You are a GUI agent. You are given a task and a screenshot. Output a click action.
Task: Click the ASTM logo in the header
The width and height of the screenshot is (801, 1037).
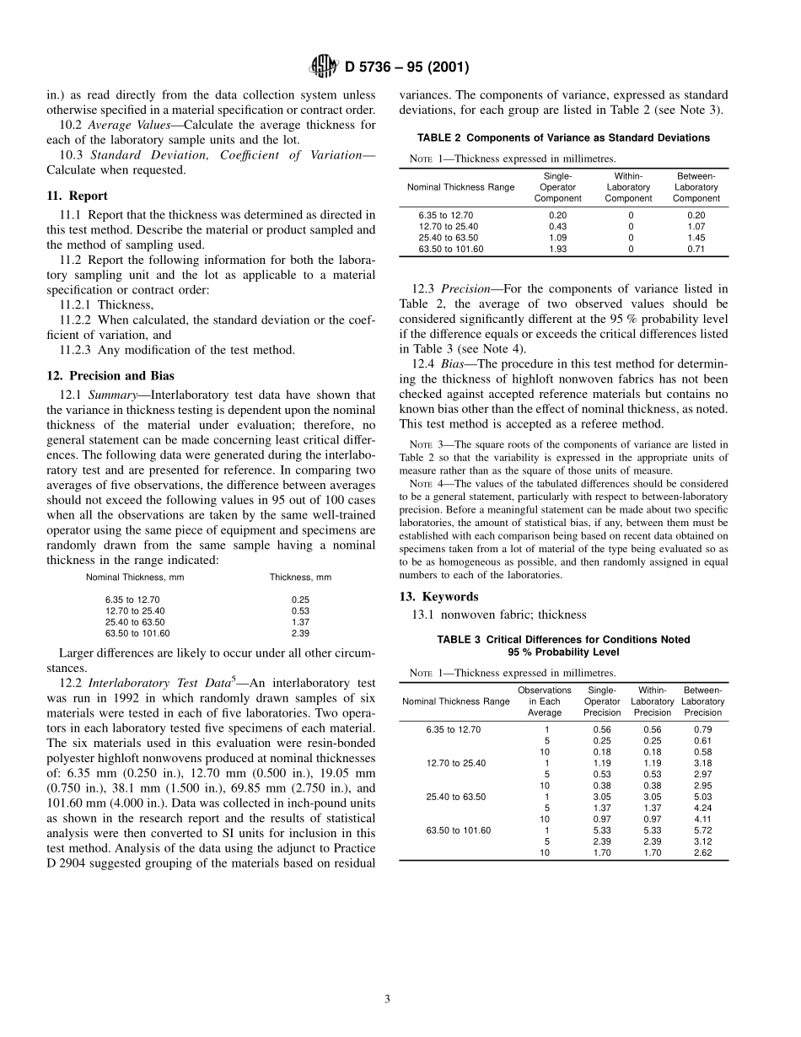pos(324,67)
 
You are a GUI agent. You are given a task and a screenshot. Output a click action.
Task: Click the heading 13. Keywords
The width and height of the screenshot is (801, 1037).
pos(438,597)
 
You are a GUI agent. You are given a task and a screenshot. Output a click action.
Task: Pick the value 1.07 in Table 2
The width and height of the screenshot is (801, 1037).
pos(696,227)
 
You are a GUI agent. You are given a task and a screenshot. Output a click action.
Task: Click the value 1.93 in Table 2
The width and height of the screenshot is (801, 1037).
pos(557,249)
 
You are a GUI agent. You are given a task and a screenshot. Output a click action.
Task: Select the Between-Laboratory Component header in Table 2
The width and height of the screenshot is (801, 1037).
pos(696,187)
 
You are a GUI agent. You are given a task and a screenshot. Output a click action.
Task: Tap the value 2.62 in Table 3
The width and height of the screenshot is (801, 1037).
pos(702,852)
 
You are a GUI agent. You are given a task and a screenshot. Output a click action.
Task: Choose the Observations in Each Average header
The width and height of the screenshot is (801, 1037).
pos(544,701)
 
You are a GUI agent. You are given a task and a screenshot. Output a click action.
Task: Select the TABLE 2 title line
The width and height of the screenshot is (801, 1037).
pos(563,138)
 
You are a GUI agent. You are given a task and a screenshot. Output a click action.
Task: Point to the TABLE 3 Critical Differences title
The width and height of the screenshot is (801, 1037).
pos(563,640)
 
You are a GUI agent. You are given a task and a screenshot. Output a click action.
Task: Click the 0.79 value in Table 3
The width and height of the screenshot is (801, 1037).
pos(702,728)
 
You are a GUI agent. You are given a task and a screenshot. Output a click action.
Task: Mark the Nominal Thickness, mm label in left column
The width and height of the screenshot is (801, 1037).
pos(135,578)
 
